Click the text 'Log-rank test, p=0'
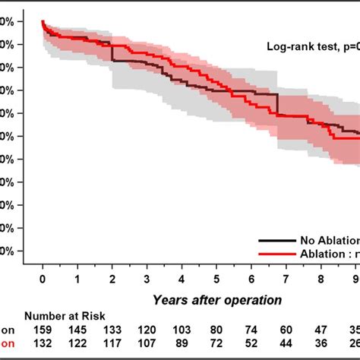tap(312, 46)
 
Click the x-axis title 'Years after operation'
tap(217, 300)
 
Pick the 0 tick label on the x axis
tap(43, 278)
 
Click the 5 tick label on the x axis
tap(216, 278)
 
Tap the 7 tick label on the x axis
tap(286, 278)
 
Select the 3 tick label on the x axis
tap(147, 278)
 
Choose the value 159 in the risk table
tap(43, 331)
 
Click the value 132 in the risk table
tap(43, 346)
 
